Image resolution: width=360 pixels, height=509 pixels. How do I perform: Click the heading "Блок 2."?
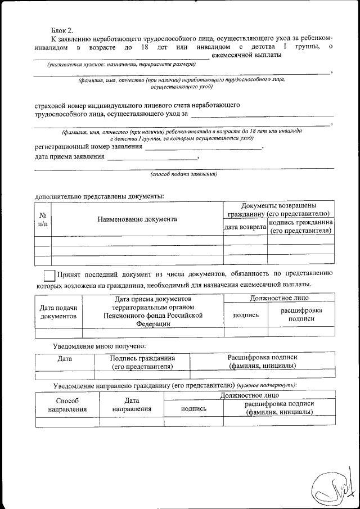pyautogui.click(x=62, y=29)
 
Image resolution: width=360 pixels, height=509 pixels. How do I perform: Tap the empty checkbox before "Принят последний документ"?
pyautogui.click(x=49, y=275)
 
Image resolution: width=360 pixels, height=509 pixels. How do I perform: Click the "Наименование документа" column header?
pyautogui.click(x=137, y=219)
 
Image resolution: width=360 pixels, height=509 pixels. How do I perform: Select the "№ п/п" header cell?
pyautogui.click(x=43, y=219)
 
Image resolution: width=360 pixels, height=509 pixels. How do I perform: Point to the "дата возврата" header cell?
pyautogui.click(x=245, y=227)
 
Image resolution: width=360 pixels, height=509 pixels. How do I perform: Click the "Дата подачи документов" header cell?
pyautogui.click(x=58, y=312)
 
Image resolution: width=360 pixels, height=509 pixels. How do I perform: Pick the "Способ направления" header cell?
pyautogui.click(x=67, y=404)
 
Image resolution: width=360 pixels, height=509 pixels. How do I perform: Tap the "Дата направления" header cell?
pyautogui.click(x=132, y=404)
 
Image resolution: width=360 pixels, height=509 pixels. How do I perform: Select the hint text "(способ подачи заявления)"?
pyautogui.click(x=183, y=174)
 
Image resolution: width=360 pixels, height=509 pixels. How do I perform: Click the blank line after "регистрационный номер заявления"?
pyautogui.click(x=203, y=147)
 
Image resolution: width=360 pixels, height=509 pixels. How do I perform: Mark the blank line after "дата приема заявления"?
pyautogui.click(x=152, y=158)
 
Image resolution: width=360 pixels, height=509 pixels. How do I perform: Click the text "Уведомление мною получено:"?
pyautogui.click(x=100, y=345)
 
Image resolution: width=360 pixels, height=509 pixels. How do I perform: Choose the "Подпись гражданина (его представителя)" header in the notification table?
pyautogui.click(x=142, y=362)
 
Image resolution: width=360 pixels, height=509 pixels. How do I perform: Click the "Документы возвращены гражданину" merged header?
pyautogui.click(x=278, y=209)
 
